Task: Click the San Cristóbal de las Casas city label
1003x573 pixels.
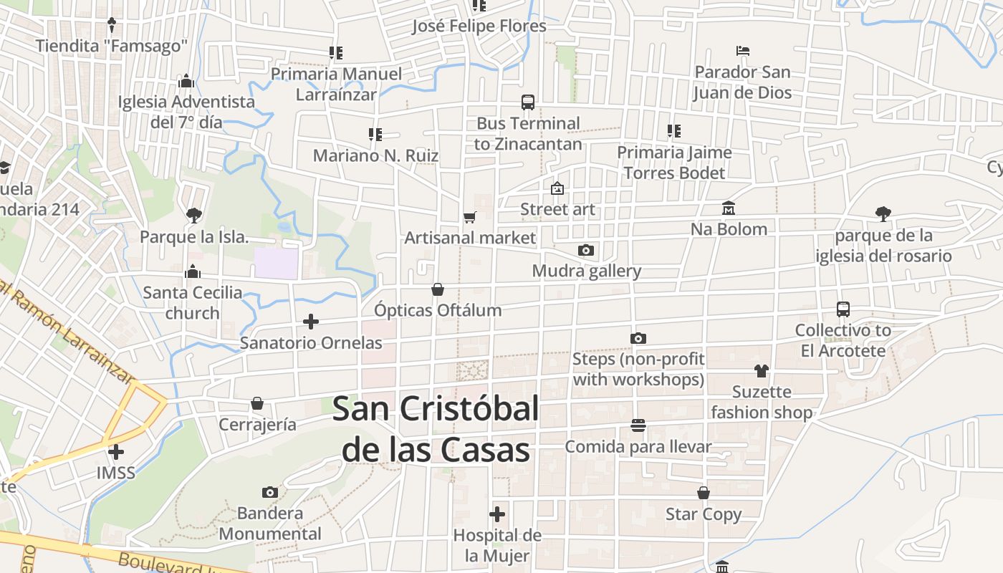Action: pyautogui.click(x=436, y=429)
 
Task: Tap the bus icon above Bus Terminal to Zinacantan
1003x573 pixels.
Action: pyautogui.click(x=528, y=102)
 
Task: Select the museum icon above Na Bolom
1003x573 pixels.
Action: pyautogui.click(x=729, y=208)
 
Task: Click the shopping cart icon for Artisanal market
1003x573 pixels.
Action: pyautogui.click(x=470, y=217)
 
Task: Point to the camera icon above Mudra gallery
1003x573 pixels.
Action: pyautogui.click(x=586, y=250)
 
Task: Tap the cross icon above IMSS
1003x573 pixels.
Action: pyautogui.click(x=116, y=452)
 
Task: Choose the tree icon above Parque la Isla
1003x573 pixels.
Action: pyautogui.click(x=193, y=215)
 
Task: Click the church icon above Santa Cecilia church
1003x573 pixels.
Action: pyautogui.click(x=192, y=271)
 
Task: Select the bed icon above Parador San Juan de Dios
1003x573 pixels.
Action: pyautogui.click(x=743, y=51)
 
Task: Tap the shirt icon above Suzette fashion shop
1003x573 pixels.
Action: pyautogui.click(x=761, y=371)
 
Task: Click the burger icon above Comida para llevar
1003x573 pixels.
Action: pyautogui.click(x=638, y=425)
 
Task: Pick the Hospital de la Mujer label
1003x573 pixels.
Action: pyautogui.click(x=497, y=545)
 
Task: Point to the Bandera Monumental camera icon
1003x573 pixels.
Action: pyautogui.click(x=270, y=492)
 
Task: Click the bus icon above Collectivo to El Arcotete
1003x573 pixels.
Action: pyautogui.click(x=843, y=309)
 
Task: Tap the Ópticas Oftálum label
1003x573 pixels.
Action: pyautogui.click(x=438, y=310)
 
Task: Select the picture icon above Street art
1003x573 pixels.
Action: pyautogui.click(x=557, y=188)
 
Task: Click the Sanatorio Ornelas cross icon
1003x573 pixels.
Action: pyautogui.click(x=311, y=322)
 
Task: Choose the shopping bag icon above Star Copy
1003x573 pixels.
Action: pyautogui.click(x=704, y=493)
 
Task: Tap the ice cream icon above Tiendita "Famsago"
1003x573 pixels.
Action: pyautogui.click(x=112, y=25)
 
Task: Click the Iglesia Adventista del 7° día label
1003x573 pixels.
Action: pyautogui.click(x=186, y=112)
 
